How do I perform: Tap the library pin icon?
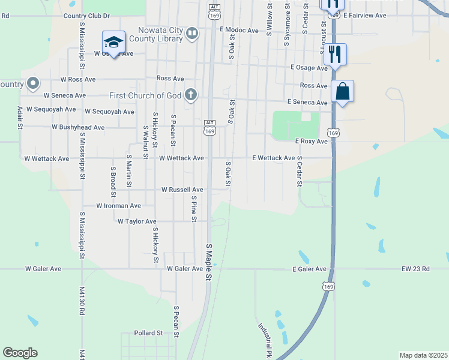pyautogui.click(x=192, y=34)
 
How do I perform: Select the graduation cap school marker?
pyautogui.click(x=113, y=42)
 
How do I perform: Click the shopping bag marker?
pyautogui.click(x=342, y=92)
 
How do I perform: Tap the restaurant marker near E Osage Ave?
pyautogui.click(x=335, y=55)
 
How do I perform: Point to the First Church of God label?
pyautogui.click(x=145, y=95)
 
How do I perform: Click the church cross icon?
pyautogui.click(x=190, y=95)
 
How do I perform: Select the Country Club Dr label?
pyautogui.click(x=86, y=16)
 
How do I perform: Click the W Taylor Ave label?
pyautogui.click(x=137, y=221)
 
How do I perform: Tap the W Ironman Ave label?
pyautogui.click(x=119, y=206)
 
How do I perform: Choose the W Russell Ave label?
pyautogui.click(x=182, y=190)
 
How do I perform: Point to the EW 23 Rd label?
pyautogui.click(x=415, y=269)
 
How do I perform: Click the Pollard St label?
pyautogui.click(x=148, y=332)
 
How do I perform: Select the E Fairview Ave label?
pyautogui.click(x=364, y=15)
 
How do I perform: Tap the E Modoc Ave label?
pyautogui.click(x=239, y=29)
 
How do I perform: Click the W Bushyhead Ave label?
pyautogui.click(x=78, y=127)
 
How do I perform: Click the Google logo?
pyautogui.click(x=20, y=353)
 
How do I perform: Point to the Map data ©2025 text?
pyautogui.click(x=423, y=355)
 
